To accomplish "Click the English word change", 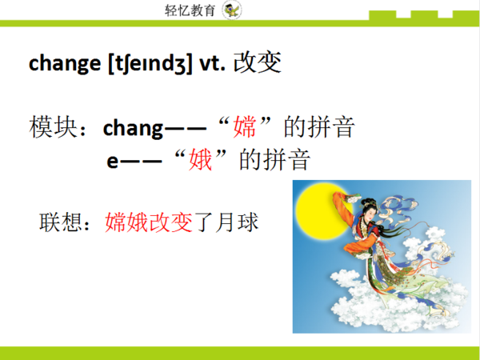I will [65, 64].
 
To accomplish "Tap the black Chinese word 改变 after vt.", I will [257, 63].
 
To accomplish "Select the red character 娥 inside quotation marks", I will [199, 160].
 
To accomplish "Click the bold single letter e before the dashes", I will [113, 160].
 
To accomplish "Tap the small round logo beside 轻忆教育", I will [232, 10].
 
